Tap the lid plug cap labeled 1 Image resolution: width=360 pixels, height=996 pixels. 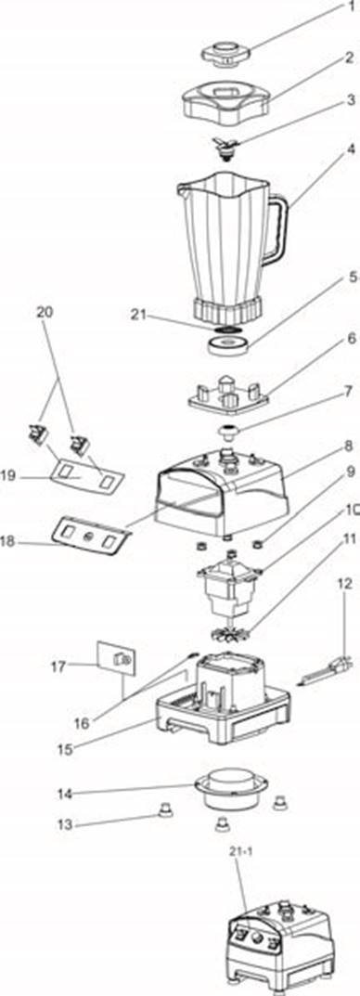[x=225, y=53]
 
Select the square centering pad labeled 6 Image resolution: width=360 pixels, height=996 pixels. [x=228, y=394]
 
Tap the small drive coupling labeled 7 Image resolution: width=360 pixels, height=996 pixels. [x=227, y=432]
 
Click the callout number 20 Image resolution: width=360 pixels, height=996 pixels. [x=45, y=313]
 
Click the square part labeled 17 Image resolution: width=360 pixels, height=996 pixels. [x=115, y=661]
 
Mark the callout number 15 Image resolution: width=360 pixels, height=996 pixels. [x=65, y=749]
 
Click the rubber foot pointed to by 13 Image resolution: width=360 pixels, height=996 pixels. [x=165, y=808]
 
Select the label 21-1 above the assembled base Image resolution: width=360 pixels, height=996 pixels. [x=241, y=852]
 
